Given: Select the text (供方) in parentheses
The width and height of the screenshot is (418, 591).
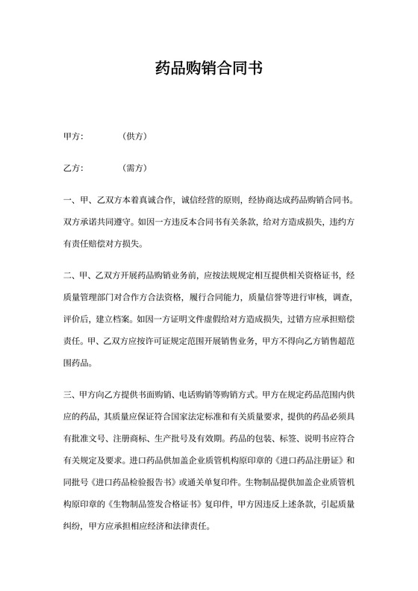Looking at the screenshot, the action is click(x=135, y=137).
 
